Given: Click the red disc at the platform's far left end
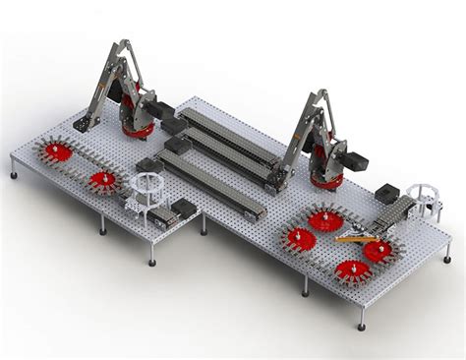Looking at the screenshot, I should (x=58, y=151).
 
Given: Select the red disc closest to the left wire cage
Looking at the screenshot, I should (x=102, y=180).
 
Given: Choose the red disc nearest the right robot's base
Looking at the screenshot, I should (x=326, y=219).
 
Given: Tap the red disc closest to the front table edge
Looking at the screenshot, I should (x=353, y=270).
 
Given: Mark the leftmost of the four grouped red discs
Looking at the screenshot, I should (x=300, y=238).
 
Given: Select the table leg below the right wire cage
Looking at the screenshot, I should (x=448, y=258).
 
